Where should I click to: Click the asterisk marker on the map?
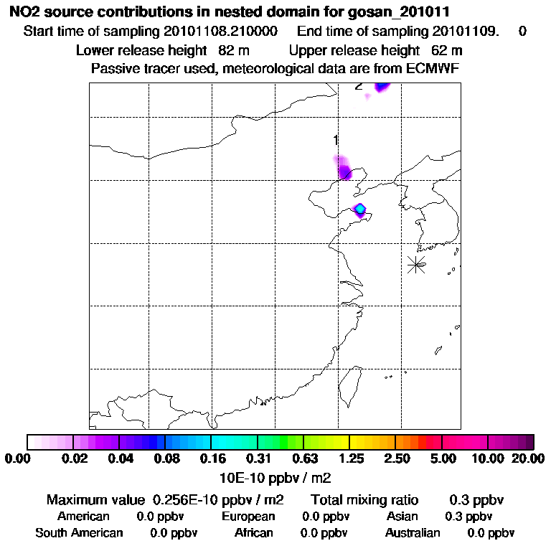pos(416,264)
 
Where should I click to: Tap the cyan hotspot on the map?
pos(360,209)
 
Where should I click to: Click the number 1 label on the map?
pos(335,138)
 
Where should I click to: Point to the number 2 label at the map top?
pos(358,86)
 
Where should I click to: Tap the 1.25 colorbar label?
pos(350,458)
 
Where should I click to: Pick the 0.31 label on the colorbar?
pos(258,458)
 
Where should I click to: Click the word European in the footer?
pos(248,517)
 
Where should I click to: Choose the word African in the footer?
pos(254,533)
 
